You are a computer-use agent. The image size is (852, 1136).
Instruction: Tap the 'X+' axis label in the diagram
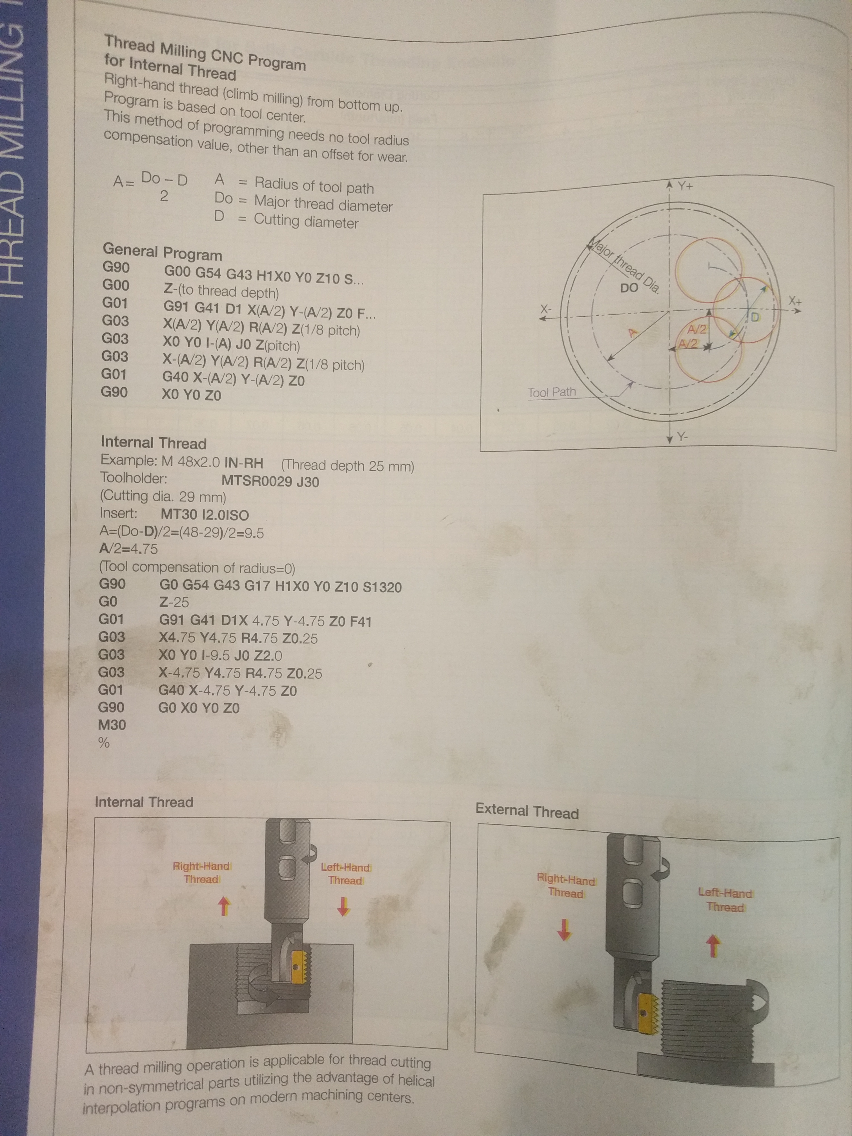click(x=795, y=300)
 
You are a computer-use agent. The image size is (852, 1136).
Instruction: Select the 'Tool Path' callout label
click(x=552, y=392)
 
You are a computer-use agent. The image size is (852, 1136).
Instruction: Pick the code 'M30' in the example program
click(x=112, y=725)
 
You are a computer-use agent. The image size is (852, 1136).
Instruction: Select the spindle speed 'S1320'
click(x=382, y=587)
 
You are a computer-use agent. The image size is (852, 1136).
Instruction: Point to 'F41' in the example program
click(x=361, y=622)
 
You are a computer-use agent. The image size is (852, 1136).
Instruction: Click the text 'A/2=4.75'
click(x=128, y=549)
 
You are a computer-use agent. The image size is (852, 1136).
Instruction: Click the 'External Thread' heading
click(x=527, y=811)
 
